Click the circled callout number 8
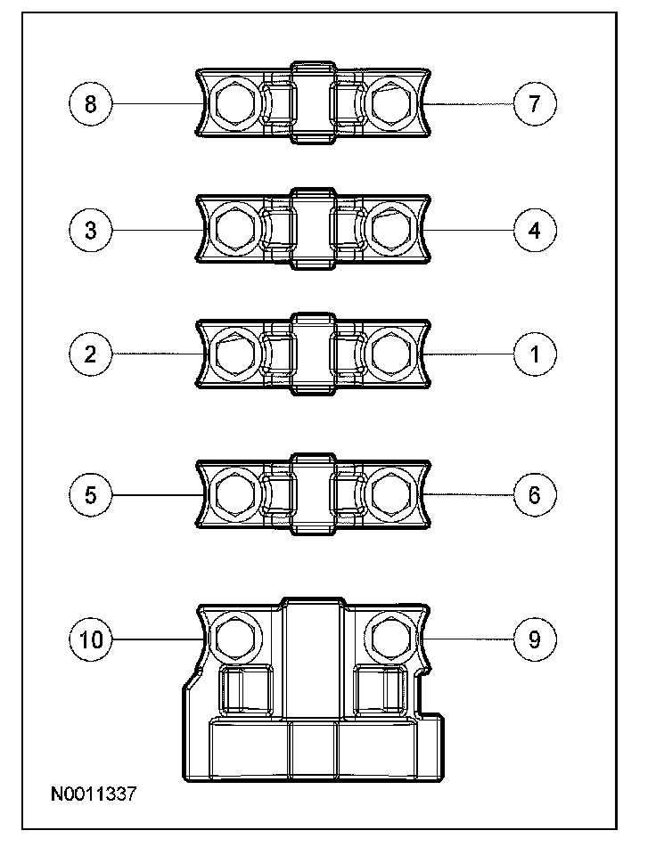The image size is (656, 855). pyautogui.click(x=90, y=103)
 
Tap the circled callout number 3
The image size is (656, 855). pyautogui.click(x=90, y=230)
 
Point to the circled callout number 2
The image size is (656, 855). pyautogui.click(x=90, y=354)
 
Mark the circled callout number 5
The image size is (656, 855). pyautogui.click(x=90, y=494)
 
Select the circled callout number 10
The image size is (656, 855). pyautogui.click(x=90, y=639)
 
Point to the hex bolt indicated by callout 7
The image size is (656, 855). pyautogui.click(x=390, y=104)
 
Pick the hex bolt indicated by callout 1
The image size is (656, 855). pyautogui.click(x=390, y=354)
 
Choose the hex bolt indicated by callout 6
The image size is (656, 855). pyautogui.click(x=390, y=494)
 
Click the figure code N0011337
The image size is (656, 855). pyautogui.click(x=94, y=793)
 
